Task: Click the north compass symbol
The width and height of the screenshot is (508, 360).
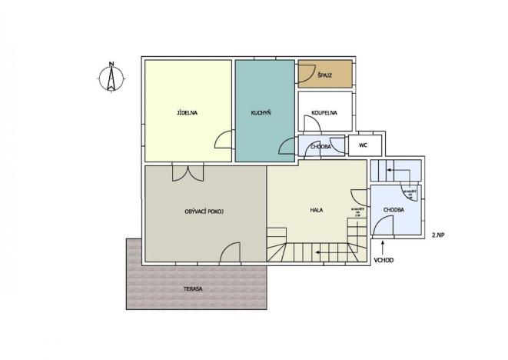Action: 111,78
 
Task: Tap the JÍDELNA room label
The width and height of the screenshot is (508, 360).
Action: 188,113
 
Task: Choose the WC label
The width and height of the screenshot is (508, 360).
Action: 362,145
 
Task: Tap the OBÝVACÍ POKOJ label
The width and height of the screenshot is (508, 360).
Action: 204,211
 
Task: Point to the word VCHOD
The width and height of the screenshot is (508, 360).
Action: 384,260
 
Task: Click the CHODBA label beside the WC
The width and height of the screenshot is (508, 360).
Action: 320,146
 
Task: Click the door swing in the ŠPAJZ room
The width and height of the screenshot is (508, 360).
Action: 304,74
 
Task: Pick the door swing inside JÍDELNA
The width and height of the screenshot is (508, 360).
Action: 224,140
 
